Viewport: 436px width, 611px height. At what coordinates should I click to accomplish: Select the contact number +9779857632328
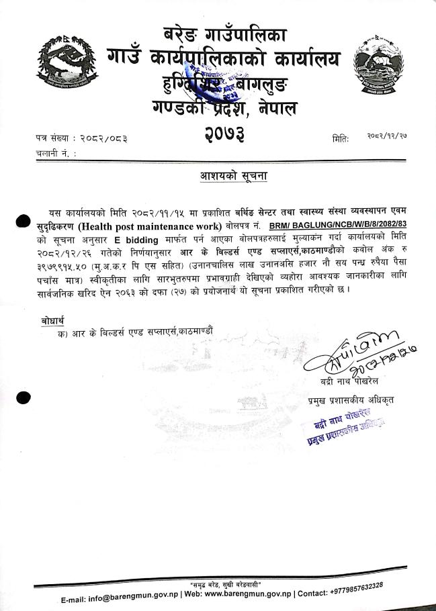point(349,588)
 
